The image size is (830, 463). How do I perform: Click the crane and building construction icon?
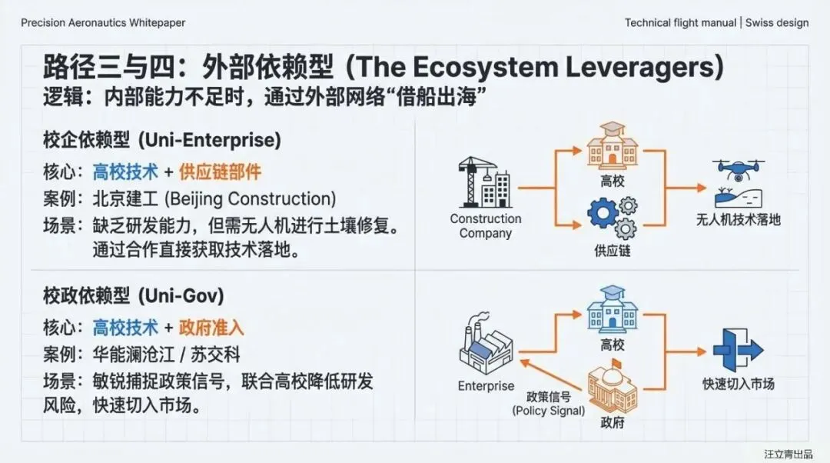click(484, 182)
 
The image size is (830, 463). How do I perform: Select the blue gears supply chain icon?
click(613, 218)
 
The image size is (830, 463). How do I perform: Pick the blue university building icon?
click(613, 311)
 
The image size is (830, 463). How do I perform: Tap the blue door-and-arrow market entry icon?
click(738, 350)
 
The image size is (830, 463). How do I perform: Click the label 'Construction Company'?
click(485, 226)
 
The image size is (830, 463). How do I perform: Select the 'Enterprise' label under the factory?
click(486, 385)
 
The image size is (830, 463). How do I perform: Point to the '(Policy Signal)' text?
click(548, 411)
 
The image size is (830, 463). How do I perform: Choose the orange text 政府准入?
click(211, 328)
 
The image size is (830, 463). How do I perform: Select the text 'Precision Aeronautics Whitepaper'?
click(103, 23)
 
